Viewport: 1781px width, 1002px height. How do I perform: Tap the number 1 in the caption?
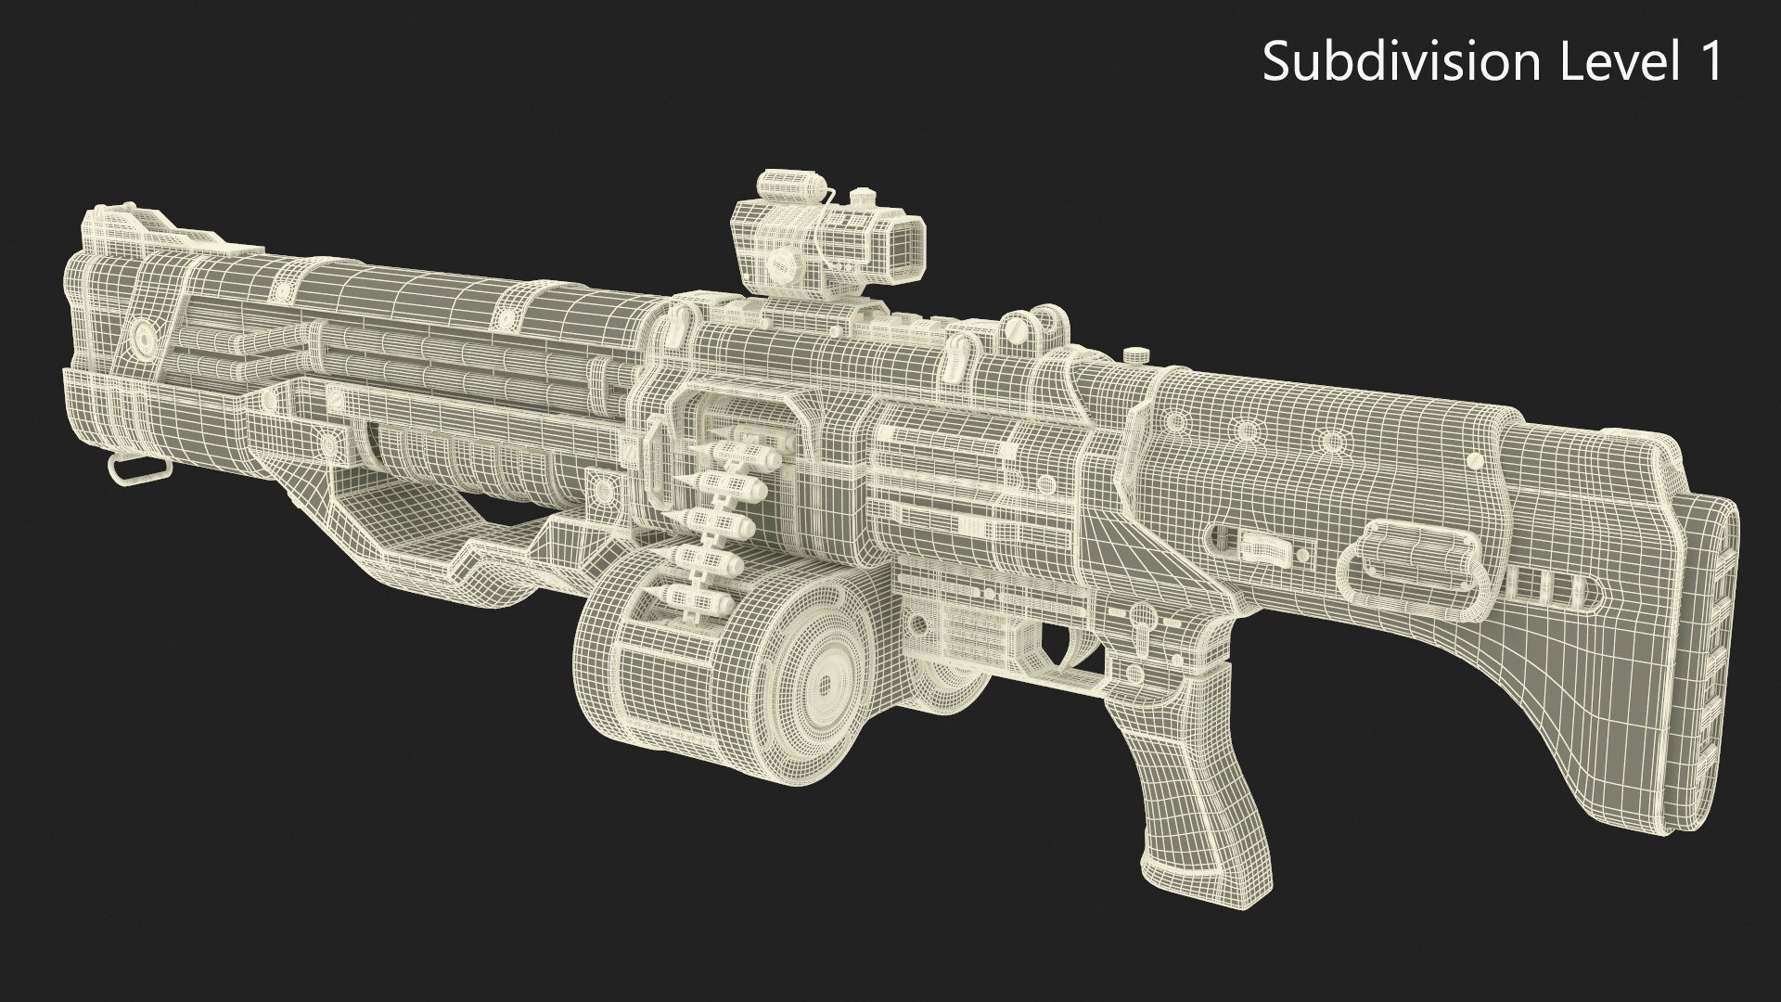pos(1709,62)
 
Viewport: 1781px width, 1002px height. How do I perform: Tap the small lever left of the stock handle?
pos(1262,547)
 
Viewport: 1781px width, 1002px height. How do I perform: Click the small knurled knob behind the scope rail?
pos(1134,355)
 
